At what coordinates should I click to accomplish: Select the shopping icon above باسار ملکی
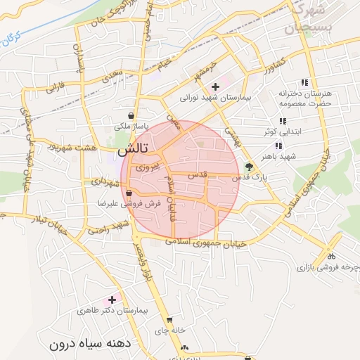132,115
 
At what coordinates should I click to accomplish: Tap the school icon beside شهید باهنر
279,146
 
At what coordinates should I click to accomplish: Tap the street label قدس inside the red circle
198,174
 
